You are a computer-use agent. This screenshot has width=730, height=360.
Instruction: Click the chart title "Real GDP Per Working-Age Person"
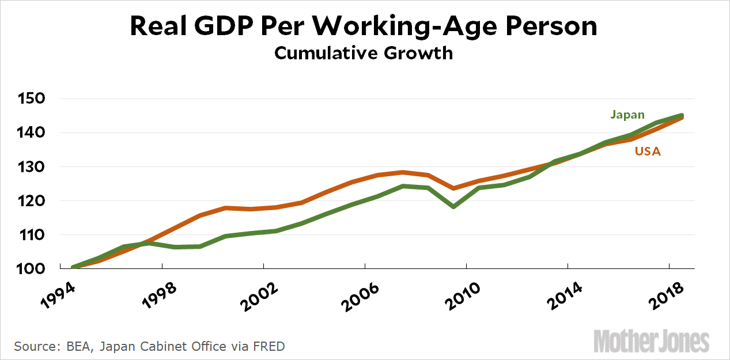(x=364, y=27)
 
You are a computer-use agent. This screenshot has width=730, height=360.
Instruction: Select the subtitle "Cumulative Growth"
(x=364, y=53)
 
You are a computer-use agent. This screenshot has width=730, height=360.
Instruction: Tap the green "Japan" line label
(x=627, y=115)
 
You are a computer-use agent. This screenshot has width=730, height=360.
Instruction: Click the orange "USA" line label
(x=648, y=152)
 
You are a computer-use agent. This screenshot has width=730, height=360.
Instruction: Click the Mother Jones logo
(x=652, y=342)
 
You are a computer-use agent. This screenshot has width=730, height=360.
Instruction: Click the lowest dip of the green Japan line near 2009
(x=453, y=206)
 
